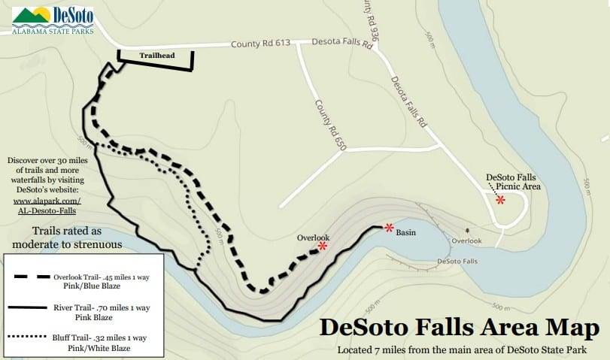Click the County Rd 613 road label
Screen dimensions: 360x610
[x=260, y=44]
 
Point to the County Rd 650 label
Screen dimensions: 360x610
[x=330, y=126]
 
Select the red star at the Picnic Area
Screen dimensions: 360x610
[x=500, y=199]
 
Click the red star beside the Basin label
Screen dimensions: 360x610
[x=389, y=227]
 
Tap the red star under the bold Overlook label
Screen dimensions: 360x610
[x=323, y=246]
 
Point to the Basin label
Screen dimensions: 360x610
[x=406, y=233]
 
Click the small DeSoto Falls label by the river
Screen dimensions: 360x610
[x=457, y=262]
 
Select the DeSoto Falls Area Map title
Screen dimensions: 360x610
[x=460, y=328]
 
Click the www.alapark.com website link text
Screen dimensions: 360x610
[x=47, y=201]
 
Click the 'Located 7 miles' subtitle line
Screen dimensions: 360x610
[x=463, y=349]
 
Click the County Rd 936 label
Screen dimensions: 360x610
[x=369, y=20]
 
